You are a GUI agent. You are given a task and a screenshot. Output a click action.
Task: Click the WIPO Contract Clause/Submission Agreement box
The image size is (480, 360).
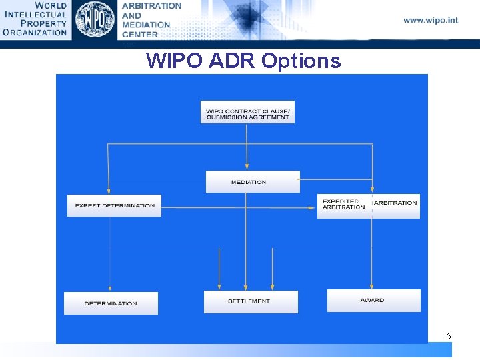coord(247,112)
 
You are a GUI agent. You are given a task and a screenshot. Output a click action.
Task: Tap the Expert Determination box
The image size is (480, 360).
coord(114,205)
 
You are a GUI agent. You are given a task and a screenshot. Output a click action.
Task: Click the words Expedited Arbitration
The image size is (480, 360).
coord(343,204)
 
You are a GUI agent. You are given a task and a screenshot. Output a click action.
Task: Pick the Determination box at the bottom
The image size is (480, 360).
coord(111,303)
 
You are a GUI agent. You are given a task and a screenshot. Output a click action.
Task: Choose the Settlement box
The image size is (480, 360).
coord(251,301)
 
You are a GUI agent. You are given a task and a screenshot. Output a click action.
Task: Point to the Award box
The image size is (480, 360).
coord(373,301)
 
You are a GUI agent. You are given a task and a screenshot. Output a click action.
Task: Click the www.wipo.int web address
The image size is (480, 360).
coord(431,20)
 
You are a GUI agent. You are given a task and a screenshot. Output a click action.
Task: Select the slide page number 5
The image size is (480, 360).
coord(449,337)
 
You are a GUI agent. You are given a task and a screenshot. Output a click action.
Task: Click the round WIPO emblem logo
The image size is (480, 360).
coord(95,19)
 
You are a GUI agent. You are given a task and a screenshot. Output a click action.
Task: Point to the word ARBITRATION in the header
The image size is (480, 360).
coord(151,5)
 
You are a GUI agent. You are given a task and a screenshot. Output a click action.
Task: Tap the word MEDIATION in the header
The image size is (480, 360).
coord(146,25)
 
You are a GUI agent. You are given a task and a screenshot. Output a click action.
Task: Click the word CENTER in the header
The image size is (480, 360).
coord(140,34)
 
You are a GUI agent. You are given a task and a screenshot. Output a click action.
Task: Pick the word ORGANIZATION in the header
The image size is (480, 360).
coord(35,31)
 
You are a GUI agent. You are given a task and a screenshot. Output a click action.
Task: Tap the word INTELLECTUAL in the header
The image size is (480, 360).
coord(35,14)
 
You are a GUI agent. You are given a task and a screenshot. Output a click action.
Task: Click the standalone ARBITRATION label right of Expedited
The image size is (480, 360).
coord(396,203)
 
